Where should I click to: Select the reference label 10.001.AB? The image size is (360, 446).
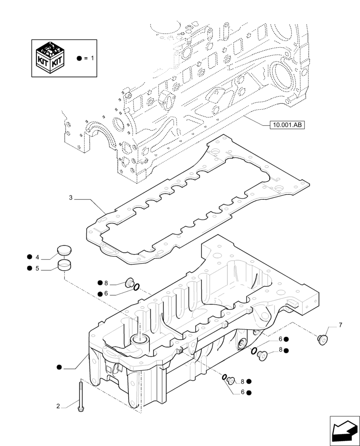pos(286,126)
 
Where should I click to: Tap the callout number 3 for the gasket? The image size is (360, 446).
pos(71,197)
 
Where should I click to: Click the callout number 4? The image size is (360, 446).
pos(37,257)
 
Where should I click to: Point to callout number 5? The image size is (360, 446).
pos(37,268)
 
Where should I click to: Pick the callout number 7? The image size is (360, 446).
pos(341,325)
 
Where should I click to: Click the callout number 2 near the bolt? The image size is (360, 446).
pos(58,406)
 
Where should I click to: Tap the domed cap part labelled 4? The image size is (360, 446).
pos(65,251)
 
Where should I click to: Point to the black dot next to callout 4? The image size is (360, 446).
pos(29,257)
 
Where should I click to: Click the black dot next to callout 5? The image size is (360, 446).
pos(29,268)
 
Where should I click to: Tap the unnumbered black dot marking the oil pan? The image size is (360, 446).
pos(59,367)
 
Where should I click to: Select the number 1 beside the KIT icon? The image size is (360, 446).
pos(93,58)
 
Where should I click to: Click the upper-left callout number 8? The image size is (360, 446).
pos(106,283)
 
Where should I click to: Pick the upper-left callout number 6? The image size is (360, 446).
pos(106,293)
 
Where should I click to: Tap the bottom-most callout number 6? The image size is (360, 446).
pos(243,392)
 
